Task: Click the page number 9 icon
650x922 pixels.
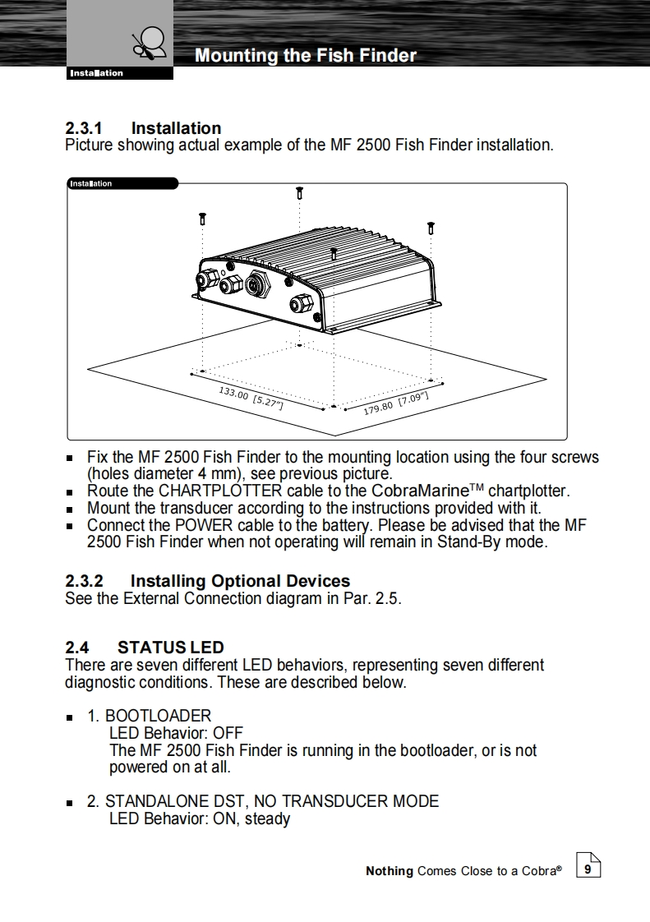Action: point(588,868)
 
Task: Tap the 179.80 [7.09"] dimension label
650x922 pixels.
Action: point(396,403)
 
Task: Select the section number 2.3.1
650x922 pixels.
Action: point(84,128)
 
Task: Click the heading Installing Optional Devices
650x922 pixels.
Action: point(240,581)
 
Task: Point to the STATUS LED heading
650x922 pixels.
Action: point(170,648)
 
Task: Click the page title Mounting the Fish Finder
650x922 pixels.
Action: point(305,56)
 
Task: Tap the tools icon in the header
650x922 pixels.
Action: point(149,42)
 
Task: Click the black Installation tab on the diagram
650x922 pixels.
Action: point(122,183)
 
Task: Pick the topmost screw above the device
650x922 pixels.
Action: point(299,192)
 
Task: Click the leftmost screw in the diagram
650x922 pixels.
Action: point(202,219)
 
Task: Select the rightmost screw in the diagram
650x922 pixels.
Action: point(430,227)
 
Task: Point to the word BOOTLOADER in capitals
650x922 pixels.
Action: point(158,716)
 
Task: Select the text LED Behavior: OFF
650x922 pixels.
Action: point(176,733)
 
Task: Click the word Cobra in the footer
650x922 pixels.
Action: point(538,871)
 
